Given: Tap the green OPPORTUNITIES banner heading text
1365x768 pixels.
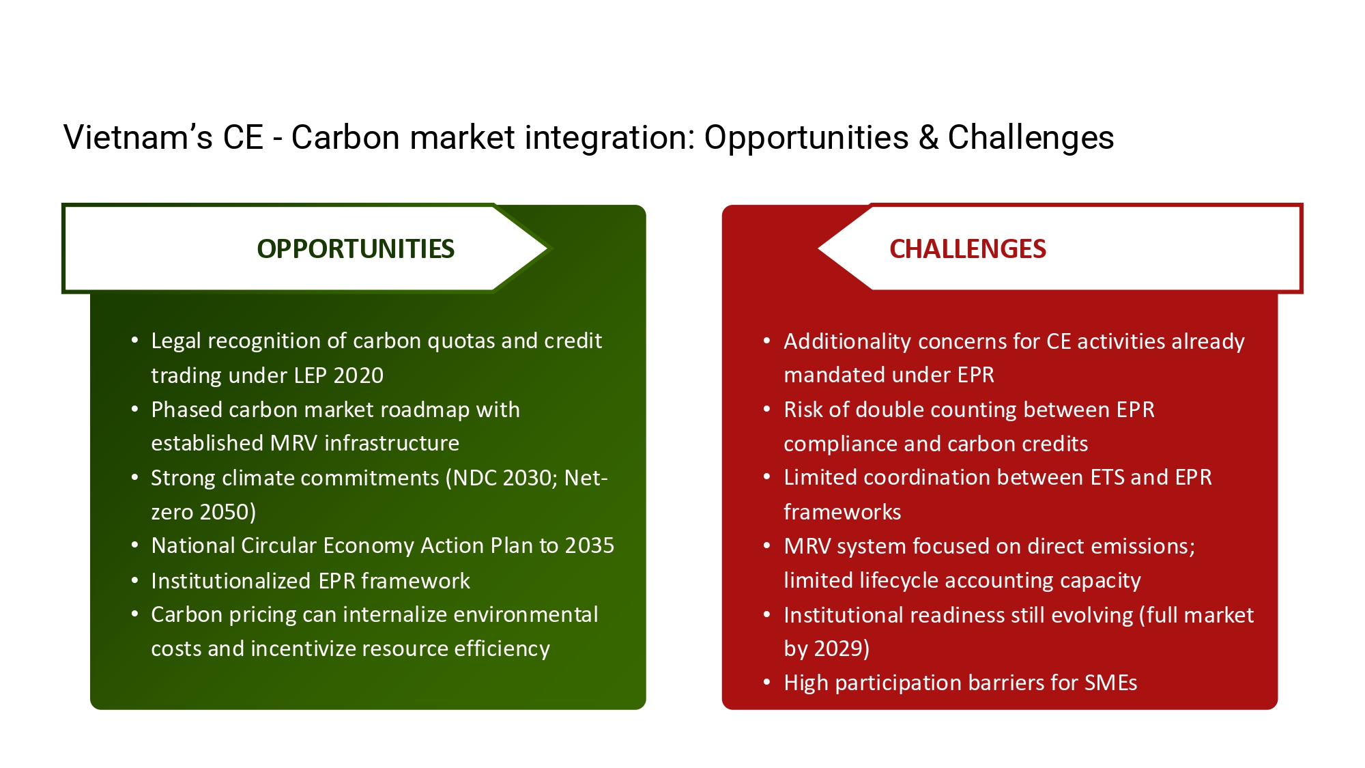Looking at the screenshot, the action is point(356,249).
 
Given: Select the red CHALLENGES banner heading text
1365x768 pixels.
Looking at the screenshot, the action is point(968,249).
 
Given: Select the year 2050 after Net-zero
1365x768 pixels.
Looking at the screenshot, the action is point(225,512).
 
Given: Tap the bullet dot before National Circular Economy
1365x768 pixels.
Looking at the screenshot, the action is point(135,545).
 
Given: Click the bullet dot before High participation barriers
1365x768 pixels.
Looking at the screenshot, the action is point(767,683).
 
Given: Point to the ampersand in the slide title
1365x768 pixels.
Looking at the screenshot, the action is point(928,137).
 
